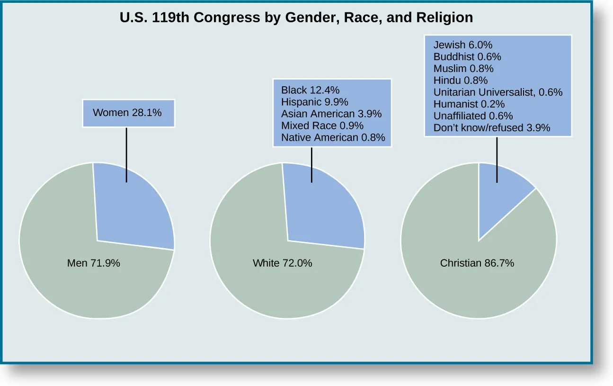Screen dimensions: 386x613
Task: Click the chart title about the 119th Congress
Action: tap(296, 18)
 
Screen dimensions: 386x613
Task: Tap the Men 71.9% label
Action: tap(94, 263)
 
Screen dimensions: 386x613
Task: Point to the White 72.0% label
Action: tap(283, 263)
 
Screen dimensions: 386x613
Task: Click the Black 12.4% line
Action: tap(310, 90)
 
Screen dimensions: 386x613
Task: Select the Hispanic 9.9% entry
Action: tap(314, 102)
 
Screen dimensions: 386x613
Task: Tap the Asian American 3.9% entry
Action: tap(331, 114)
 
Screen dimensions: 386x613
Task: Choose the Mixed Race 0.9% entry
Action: tap(322, 126)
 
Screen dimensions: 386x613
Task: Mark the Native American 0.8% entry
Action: tap(333, 138)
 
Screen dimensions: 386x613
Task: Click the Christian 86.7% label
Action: tap(477, 263)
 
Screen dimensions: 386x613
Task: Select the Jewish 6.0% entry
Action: tap(463, 45)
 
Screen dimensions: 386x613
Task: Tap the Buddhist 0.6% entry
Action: tap(467, 57)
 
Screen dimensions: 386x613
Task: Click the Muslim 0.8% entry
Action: tap(463, 69)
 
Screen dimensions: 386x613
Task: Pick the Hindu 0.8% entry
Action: tap(460, 81)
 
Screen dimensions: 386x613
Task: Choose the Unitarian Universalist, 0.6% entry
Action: tap(498, 92)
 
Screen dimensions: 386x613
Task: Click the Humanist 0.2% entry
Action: tap(469, 104)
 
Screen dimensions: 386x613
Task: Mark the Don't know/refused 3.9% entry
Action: tap(492, 128)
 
